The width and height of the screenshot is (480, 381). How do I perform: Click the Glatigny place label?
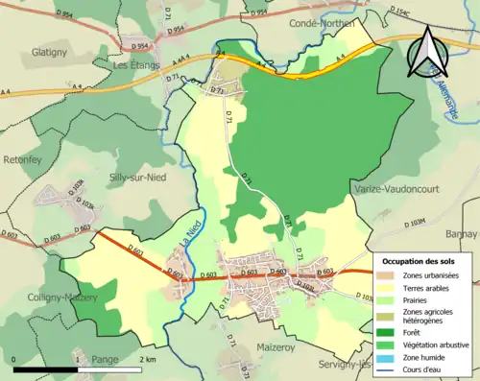[47, 52]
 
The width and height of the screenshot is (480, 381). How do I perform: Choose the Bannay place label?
[461, 233]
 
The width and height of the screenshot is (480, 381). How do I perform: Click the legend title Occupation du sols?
[419, 261]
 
